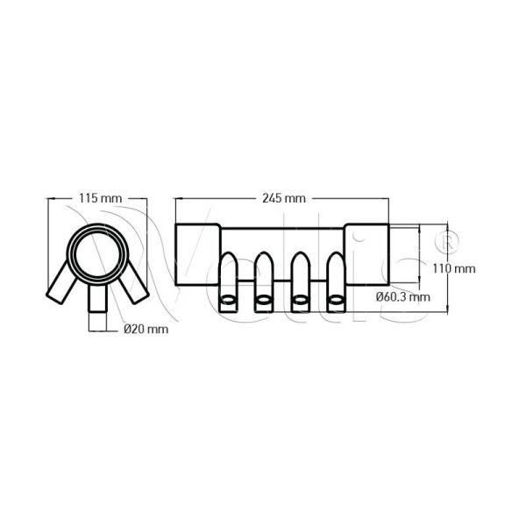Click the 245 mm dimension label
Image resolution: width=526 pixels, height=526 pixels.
pos(283,199)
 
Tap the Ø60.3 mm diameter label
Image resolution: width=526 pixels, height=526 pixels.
pos(402,296)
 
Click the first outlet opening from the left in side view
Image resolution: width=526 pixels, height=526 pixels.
pos(227,302)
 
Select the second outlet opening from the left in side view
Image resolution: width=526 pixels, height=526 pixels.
pos(263,302)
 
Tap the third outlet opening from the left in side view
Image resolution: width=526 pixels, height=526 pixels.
pos(299,302)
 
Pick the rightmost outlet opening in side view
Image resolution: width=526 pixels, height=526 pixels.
pos(335,302)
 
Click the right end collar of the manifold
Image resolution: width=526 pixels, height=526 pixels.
pos(366,254)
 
